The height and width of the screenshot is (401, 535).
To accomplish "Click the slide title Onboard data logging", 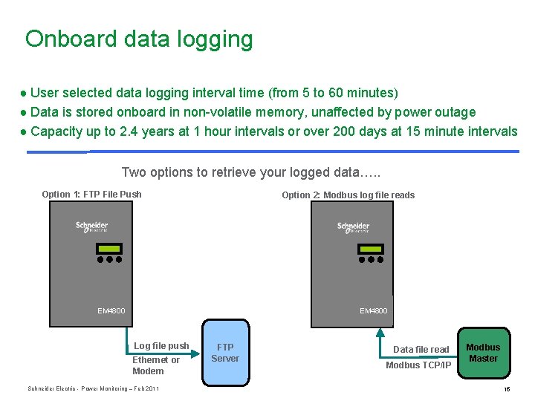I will [139, 39].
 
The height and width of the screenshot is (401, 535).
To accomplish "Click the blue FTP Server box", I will [225, 353].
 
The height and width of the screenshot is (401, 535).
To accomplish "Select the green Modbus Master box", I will [483, 353].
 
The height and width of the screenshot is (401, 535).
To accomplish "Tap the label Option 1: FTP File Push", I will [91, 195].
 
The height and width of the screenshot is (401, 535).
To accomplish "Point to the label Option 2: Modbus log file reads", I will [348, 195].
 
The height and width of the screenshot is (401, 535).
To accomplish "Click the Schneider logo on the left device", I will [92, 226].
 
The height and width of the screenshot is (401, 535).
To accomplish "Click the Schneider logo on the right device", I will [354, 226].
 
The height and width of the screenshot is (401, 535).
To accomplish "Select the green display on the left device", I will [108, 248].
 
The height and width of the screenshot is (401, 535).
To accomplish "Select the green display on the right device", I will [369, 248].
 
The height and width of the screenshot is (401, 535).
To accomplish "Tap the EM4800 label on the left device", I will [111, 310].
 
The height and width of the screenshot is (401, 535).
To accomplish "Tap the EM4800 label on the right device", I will [374, 310].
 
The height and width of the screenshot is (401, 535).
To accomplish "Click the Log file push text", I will [161, 346].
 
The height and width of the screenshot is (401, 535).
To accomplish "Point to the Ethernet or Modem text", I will [155, 365].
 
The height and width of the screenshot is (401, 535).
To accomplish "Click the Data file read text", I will [421, 350].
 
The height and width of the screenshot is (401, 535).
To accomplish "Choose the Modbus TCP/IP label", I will [418, 365].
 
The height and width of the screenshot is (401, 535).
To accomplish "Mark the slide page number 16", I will [507, 389].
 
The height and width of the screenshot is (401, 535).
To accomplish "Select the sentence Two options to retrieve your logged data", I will [250, 172].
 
